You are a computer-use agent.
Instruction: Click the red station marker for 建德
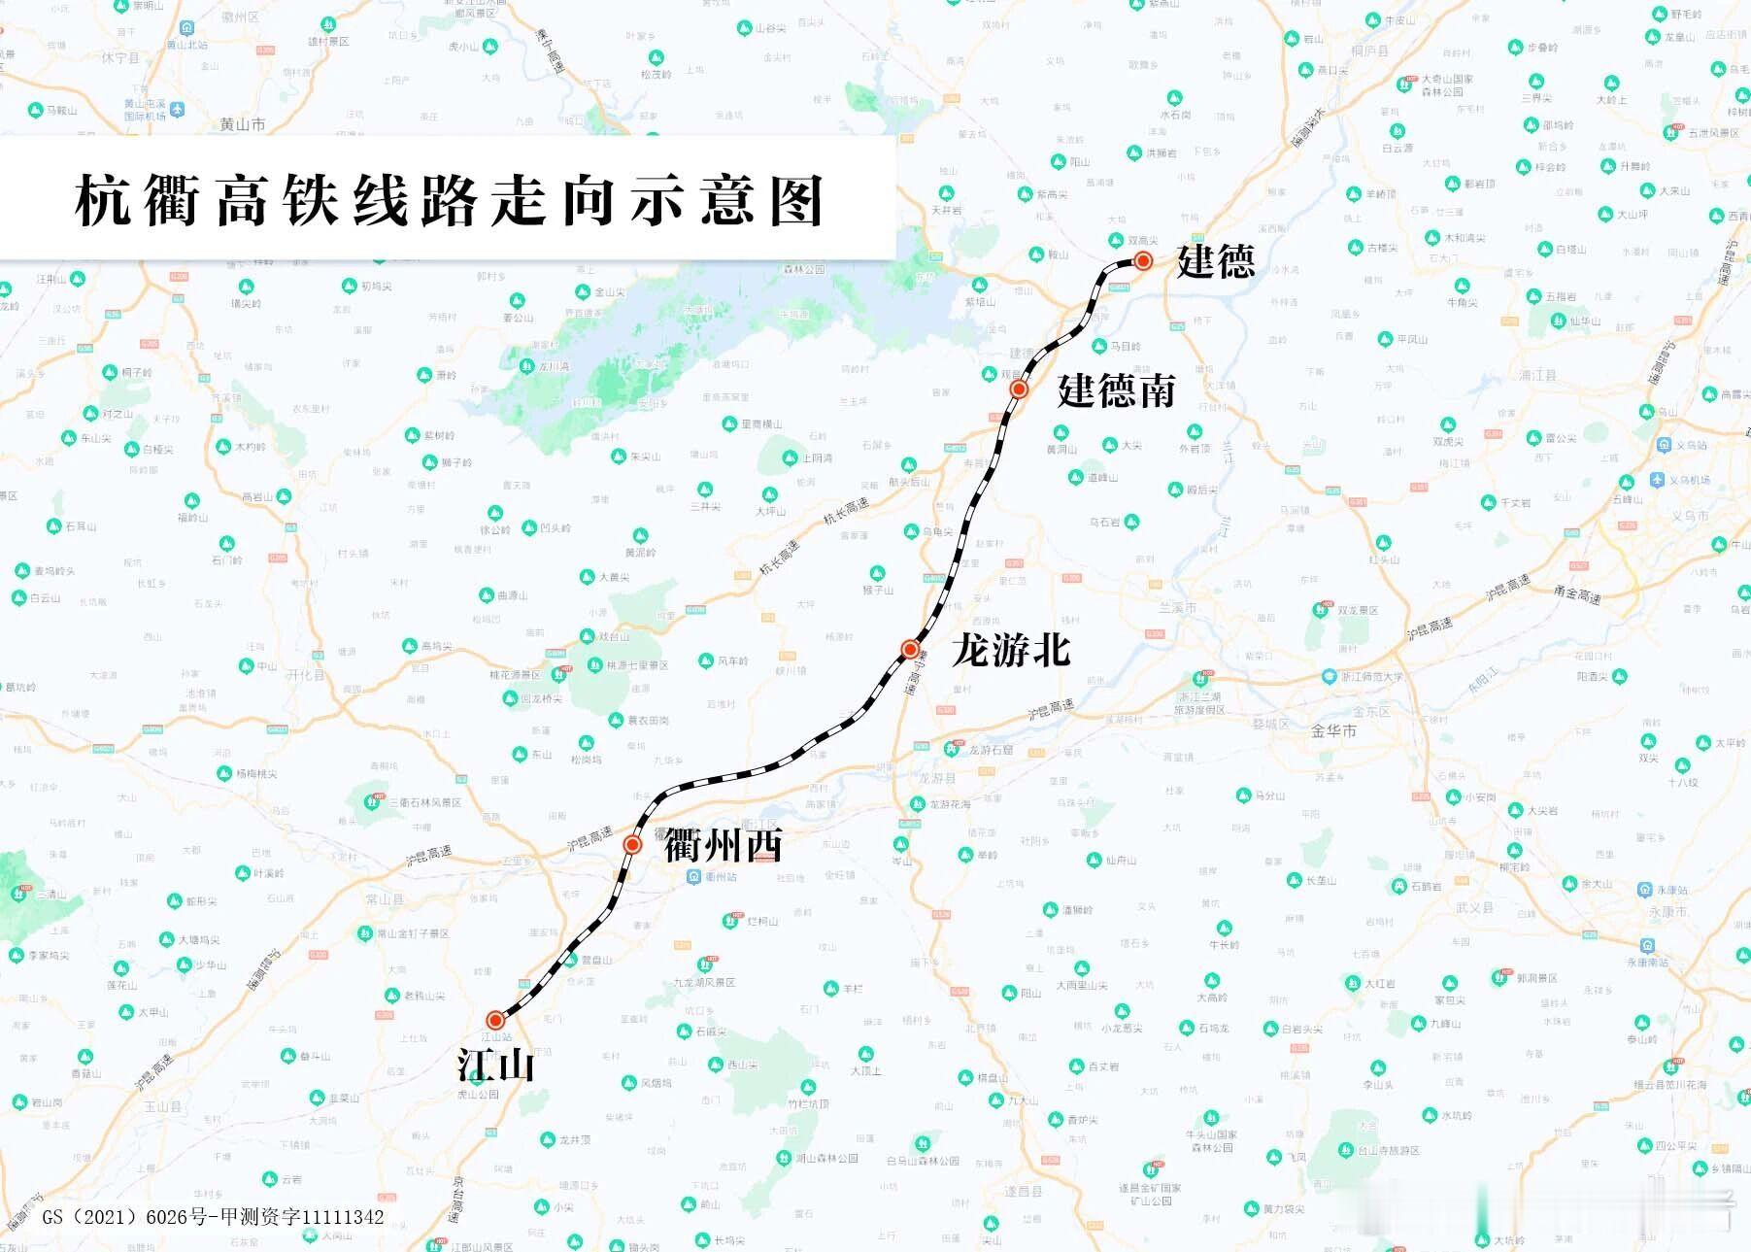(1144, 260)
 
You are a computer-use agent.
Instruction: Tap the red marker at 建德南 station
(1019, 389)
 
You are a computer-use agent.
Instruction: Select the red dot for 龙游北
(910, 649)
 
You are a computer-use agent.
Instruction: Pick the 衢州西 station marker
(632, 845)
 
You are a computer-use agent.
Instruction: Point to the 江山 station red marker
(495, 1020)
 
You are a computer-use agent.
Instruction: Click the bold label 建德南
(1116, 390)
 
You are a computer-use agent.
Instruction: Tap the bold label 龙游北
(1011, 650)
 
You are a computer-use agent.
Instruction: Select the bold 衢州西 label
(724, 846)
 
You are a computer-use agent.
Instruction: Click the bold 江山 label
(496, 1066)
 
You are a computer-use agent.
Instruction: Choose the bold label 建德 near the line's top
(1216, 261)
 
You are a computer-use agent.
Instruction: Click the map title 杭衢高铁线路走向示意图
(449, 201)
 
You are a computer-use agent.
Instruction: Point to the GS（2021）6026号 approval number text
(213, 1217)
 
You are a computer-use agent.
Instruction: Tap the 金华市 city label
(1333, 730)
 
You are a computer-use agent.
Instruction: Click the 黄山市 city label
(242, 124)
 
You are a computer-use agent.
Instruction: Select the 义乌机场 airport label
(1689, 480)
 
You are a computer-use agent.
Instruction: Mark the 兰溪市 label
(1177, 607)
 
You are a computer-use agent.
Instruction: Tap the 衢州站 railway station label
(721, 876)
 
